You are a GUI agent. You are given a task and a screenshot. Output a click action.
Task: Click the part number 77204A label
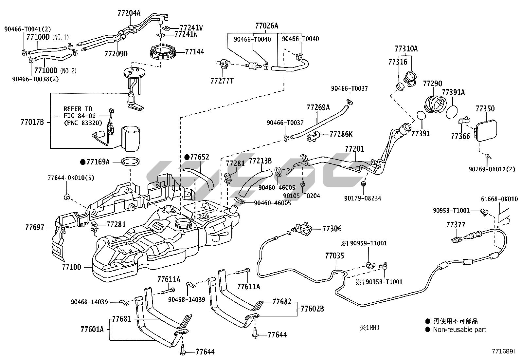pyautogui.click(x=129, y=13)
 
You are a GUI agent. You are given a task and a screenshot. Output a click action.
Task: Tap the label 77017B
pyautogui.click(x=32, y=122)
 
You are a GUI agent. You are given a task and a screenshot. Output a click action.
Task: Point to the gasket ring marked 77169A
pyautogui.click(x=132, y=161)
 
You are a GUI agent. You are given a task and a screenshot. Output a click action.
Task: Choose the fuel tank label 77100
pyautogui.click(x=71, y=267)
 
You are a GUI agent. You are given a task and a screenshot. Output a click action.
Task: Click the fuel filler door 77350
pyautogui.click(x=486, y=131)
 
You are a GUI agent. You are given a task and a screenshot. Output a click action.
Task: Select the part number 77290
pyautogui.click(x=432, y=84)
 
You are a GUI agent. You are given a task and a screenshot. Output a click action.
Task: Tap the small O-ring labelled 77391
pyautogui.click(x=421, y=117)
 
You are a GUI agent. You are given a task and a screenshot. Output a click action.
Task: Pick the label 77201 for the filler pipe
pyautogui.click(x=354, y=149)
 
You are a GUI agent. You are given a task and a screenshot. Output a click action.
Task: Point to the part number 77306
pyautogui.click(x=332, y=229)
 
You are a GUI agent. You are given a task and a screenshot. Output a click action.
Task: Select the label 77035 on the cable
pyautogui.click(x=334, y=256)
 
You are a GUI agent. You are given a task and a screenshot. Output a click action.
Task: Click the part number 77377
pyautogui.click(x=456, y=225)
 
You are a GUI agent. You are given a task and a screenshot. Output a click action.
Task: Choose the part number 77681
pyautogui.click(x=121, y=319)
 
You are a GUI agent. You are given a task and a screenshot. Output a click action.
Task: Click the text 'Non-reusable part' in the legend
pyautogui.click(x=459, y=330)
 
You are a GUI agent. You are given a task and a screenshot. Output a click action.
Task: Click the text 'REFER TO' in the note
pyautogui.click(x=78, y=109)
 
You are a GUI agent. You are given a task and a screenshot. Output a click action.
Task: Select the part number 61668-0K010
pyautogui.click(x=499, y=199)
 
